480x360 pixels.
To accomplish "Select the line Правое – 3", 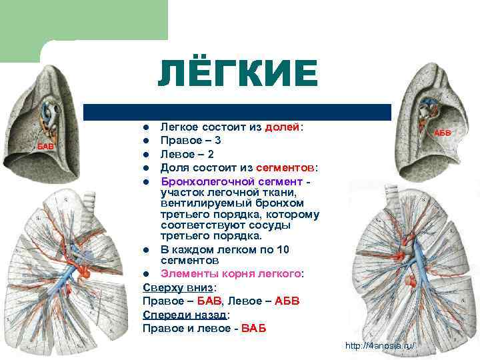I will pyautogui.click(x=191, y=140).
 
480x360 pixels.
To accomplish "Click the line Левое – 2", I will pyautogui.click(x=187, y=153).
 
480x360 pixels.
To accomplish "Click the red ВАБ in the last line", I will pyautogui.click(x=253, y=328).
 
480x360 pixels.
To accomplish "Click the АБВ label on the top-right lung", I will pyautogui.click(x=443, y=133).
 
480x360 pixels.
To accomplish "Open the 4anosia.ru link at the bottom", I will pyautogui.click(x=379, y=345).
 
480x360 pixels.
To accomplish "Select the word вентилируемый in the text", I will pyautogui.click(x=198, y=203).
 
